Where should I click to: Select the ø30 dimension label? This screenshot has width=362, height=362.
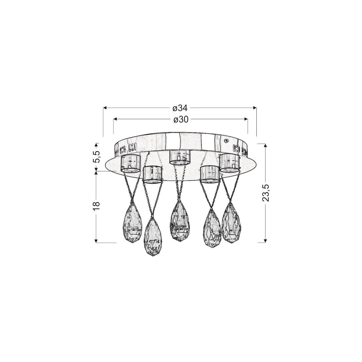tap(181, 119)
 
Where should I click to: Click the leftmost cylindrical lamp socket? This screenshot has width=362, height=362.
tap(130, 164)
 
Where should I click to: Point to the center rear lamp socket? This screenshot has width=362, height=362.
tap(180, 157)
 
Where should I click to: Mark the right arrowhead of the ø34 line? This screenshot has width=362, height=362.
tap(255, 108)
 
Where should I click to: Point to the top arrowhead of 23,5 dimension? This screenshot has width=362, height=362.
tap(265, 145)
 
